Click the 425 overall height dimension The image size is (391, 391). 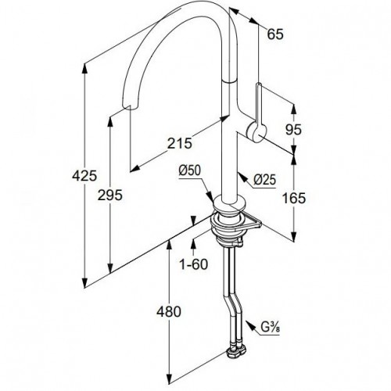[84, 175]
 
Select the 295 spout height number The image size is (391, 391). [109, 195]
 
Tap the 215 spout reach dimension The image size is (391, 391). [179, 143]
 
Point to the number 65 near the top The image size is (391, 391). [275, 34]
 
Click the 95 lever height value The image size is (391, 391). [293, 129]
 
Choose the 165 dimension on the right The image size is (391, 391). [294, 198]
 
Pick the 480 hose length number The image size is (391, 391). [169, 312]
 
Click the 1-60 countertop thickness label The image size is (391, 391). [193, 264]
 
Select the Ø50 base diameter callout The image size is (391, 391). [190, 170]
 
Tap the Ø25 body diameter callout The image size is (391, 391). [264, 180]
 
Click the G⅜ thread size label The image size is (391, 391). [271, 328]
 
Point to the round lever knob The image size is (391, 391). [256, 132]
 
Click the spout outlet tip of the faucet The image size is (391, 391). [129, 107]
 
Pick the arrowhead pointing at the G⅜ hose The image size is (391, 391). [249, 325]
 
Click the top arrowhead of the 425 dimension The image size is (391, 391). [84, 68]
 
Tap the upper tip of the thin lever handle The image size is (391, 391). [259, 84]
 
